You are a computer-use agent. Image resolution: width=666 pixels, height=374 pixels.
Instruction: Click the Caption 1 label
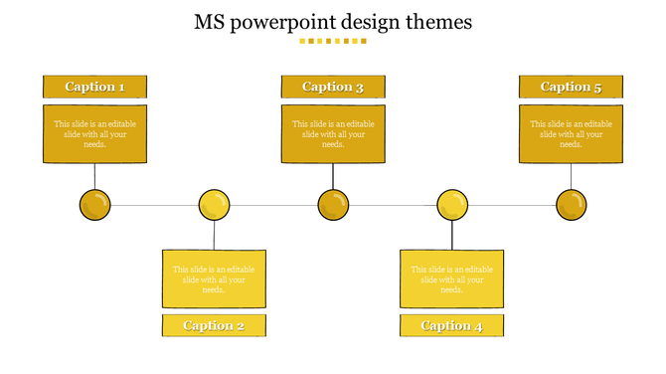(94, 87)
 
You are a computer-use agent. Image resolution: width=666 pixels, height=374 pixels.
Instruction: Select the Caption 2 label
(214, 325)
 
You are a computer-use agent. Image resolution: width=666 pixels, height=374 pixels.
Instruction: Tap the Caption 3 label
(333, 87)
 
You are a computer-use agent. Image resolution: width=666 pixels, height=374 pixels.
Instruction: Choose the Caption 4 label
(451, 325)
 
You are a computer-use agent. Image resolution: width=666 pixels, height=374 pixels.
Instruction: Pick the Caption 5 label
(571, 87)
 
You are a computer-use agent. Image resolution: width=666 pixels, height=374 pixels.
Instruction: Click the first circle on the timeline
(94, 206)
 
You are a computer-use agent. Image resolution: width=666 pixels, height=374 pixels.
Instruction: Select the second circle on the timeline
(214, 206)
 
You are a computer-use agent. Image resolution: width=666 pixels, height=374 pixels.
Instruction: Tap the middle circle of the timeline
(333, 206)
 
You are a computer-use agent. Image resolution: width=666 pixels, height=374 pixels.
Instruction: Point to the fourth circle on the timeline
(452, 206)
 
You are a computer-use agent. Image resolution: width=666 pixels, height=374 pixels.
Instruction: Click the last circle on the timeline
(572, 206)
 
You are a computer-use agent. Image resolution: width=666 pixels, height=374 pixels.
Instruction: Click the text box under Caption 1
(94, 134)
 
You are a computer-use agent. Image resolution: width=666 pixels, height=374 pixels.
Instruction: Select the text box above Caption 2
(214, 279)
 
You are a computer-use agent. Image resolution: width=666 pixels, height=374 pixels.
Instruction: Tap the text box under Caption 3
(333, 134)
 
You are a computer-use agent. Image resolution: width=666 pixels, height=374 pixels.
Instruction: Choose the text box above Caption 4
(451, 279)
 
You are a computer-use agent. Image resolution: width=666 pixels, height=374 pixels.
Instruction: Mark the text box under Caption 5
(571, 134)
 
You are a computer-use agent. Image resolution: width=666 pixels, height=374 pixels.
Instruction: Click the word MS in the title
(210, 22)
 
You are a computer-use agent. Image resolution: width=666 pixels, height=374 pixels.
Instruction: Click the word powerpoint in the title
(277, 23)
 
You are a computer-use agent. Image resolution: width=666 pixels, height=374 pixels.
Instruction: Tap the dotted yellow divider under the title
(333, 42)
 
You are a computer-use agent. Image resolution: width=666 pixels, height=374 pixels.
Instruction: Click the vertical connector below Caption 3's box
(333, 176)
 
